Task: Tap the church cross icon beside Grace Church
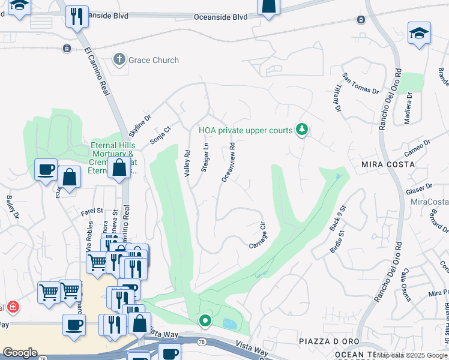[119, 59]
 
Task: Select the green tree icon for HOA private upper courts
[303, 130]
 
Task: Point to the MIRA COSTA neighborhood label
[388, 164]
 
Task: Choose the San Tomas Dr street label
[361, 84]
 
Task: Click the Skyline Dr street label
[140, 125]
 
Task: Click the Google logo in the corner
[20, 353]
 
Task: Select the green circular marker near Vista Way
[205, 321]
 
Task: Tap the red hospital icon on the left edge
[13, 308]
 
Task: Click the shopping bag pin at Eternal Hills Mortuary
[119, 167]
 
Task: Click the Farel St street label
[92, 211]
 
